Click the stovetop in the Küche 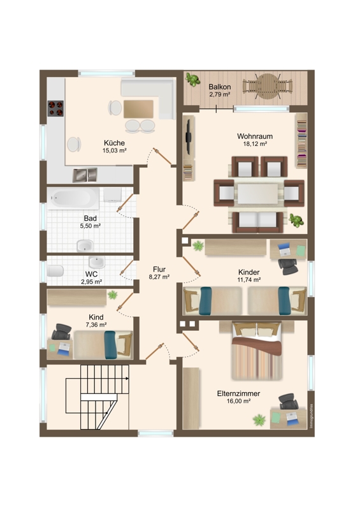[x=55, y=108]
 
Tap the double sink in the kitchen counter [x=85, y=175]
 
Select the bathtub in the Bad [x=73, y=198]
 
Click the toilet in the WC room [x=55, y=270]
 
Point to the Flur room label [x=159, y=269]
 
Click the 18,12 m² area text [x=256, y=144]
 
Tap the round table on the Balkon [x=267, y=86]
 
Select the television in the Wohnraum [x=187, y=137]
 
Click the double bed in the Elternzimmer [x=257, y=351]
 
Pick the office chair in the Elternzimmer [x=288, y=402]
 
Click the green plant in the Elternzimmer [x=259, y=419]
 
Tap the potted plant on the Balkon [x=193, y=80]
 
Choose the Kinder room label [x=248, y=272]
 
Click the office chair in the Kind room [x=61, y=331]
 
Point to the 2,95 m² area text [x=92, y=282]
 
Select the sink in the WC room [x=97, y=262]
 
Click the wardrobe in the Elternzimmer [x=191, y=398]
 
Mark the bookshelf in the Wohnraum [x=301, y=140]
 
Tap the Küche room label [x=115, y=143]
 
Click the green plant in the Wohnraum [x=296, y=221]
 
